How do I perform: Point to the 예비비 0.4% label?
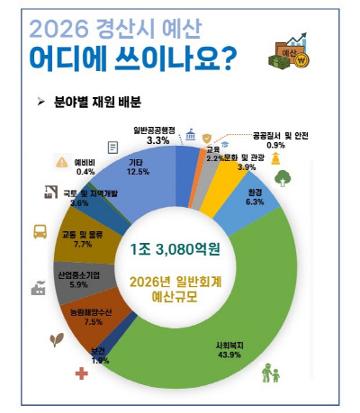87,166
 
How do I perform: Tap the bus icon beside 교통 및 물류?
41,231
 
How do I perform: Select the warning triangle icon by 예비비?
61,162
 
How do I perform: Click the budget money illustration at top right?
296,53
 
